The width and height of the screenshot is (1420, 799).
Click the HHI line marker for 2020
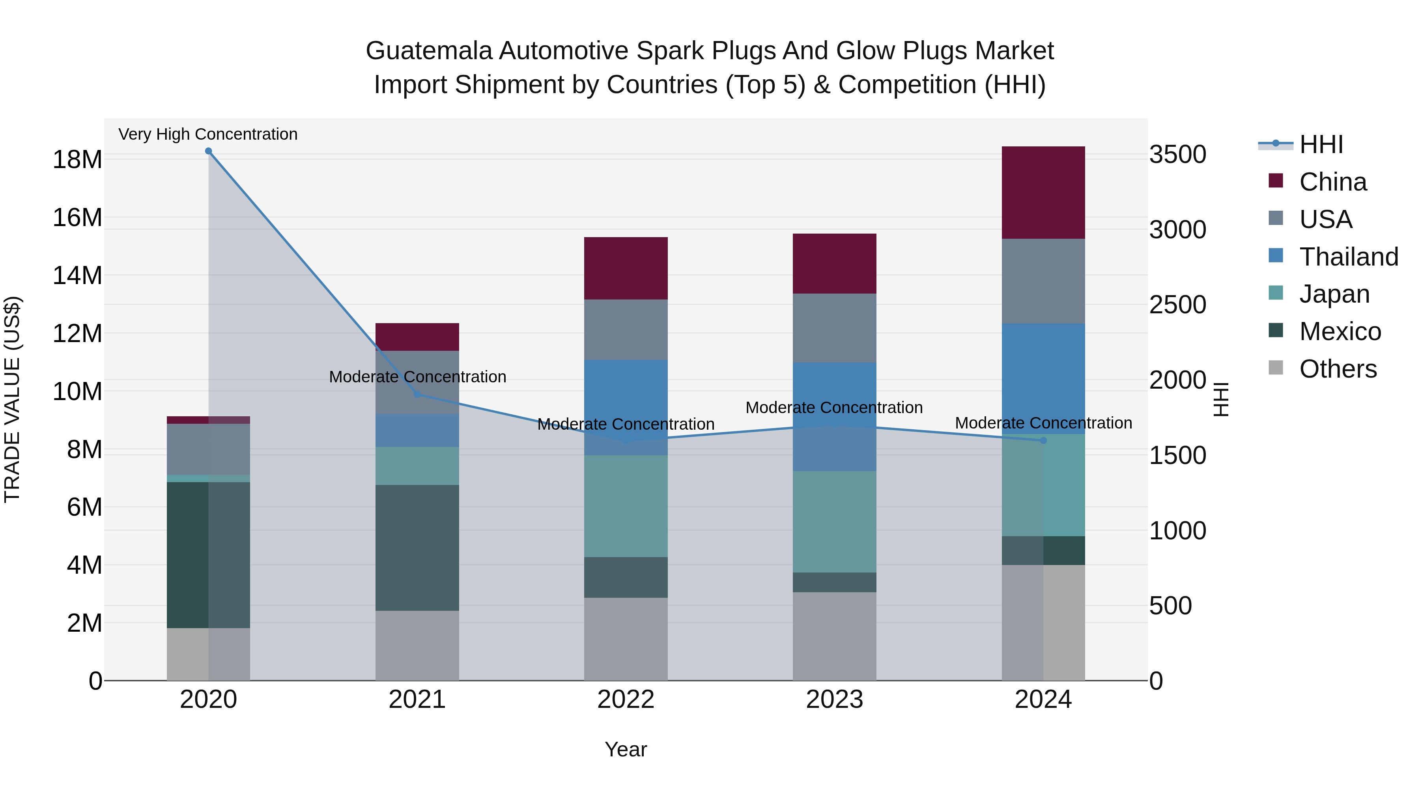tap(208, 151)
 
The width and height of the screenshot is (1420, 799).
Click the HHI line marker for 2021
tap(417, 394)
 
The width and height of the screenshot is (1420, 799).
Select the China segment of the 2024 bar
tap(1043, 193)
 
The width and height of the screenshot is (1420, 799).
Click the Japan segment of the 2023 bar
tap(834, 521)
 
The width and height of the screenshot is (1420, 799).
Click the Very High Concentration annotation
tap(208, 135)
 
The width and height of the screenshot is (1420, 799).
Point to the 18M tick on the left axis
tap(77, 160)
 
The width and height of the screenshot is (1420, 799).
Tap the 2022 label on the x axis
tap(626, 700)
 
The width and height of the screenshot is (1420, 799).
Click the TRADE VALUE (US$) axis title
tap(12, 399)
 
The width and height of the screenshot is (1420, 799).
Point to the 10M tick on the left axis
tap(77, 391)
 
